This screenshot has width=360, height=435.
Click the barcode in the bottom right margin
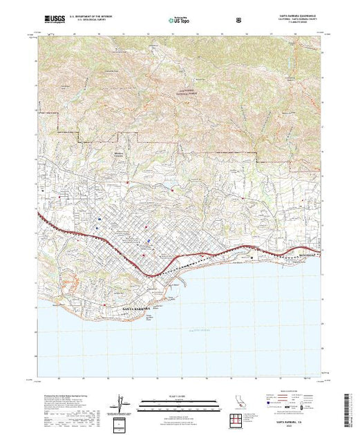[x=348, y=407]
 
